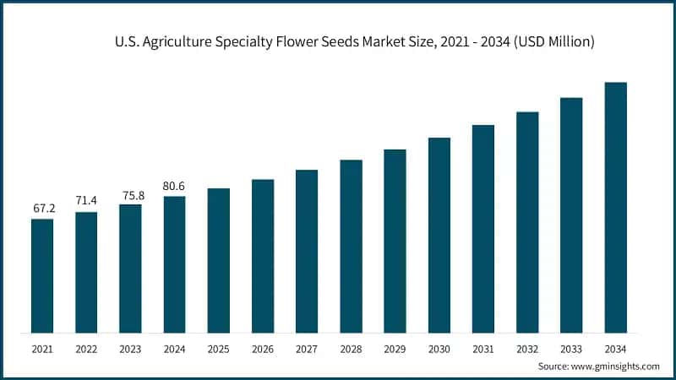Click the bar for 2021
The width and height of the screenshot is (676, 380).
[x=42, y=275]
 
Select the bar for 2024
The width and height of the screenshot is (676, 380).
[x=174, y=264]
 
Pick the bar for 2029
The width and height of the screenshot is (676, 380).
[x=395, y=241]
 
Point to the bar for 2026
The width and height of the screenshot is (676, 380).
[x=263, y=256]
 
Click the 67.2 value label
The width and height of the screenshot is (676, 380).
[x=42, y=208]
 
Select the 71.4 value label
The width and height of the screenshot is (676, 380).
[x=86, y=200]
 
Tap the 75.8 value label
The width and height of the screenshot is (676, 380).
[x=130, y=193]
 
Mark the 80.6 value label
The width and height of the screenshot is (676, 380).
[x=174, y=186]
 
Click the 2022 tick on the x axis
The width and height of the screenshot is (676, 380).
[x=86, y=348]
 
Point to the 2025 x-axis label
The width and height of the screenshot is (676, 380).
[x=218, y=348]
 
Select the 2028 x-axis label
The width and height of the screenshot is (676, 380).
[x=351, y=348]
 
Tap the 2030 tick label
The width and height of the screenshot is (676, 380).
[x=439, y=348]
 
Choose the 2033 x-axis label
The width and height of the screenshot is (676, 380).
[x=571, y=348]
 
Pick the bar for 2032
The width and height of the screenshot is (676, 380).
[x=527, y=222]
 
